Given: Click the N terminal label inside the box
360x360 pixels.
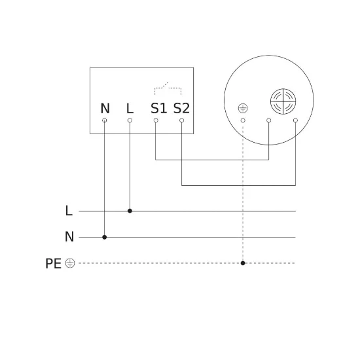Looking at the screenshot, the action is pos(105,109).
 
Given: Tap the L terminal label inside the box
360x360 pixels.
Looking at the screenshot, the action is pos(130,109).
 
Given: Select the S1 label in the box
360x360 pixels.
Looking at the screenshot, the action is pos(158,108).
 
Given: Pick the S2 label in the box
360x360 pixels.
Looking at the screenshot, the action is pos(181,108).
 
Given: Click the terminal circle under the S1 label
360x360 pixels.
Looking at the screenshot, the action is pos(156,120).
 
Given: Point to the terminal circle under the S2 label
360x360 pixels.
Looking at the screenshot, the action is pos(181,120).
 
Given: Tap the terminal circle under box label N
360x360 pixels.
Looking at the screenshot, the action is pos(105,120).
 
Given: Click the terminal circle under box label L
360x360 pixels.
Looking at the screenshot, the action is pos(130,120).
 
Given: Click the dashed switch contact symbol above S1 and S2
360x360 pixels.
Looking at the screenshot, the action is pos(168,88).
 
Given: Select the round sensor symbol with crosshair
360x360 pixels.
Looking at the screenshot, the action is pos(283,101).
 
